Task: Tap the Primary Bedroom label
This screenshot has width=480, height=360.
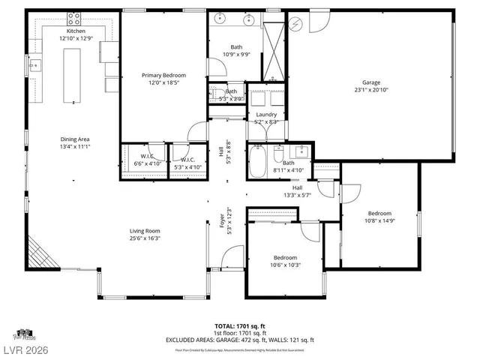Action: click(163, 75)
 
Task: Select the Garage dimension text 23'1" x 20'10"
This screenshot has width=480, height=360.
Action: click(371, 89)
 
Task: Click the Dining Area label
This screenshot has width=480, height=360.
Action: click(75, 139)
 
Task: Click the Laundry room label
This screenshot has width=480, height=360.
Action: click(266, 114)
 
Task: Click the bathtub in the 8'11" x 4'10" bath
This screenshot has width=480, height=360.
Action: click(256, 162)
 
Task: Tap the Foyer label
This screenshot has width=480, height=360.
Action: click(221, 223)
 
